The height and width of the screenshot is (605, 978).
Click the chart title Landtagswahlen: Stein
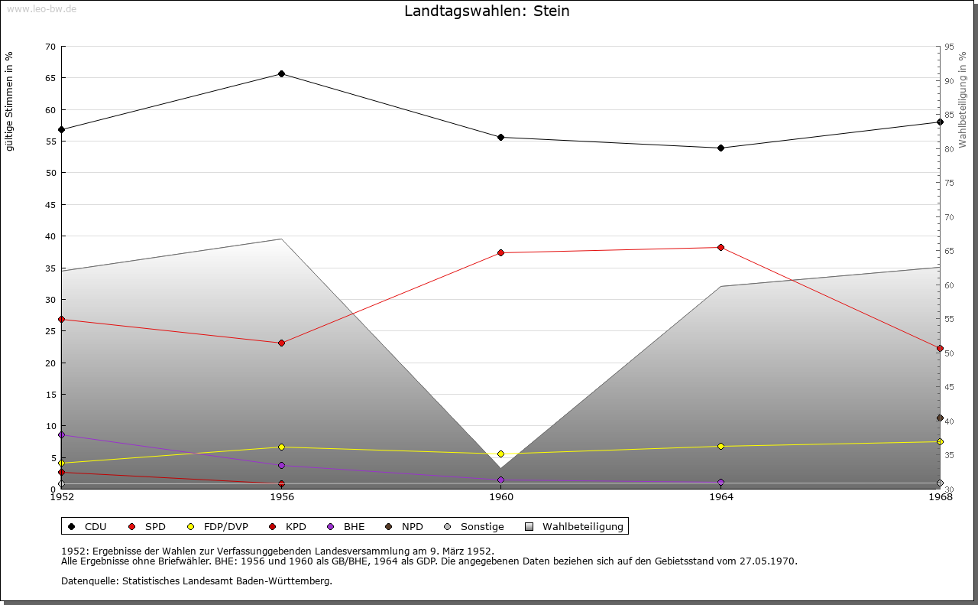coord(487,11)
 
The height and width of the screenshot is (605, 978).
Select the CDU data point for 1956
coord(281,74)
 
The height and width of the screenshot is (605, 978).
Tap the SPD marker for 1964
coord(721,247)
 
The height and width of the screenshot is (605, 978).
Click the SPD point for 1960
coord(500,252)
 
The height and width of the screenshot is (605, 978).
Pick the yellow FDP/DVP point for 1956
coord(281,447)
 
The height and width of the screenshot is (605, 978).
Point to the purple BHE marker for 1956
coord(281,465)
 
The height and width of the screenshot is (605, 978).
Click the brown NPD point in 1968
coord(940,418)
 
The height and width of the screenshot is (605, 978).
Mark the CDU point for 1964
coord(721,148)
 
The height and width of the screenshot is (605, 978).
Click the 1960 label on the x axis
coord(501,497)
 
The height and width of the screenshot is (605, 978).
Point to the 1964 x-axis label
coord(721,497)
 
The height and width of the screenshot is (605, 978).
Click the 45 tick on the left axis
coord(50,205)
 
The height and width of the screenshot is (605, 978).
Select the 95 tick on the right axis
coord(949,47)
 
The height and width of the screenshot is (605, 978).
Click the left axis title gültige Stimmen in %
coord(10,101)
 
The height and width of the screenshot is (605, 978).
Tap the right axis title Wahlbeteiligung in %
coord(963,100)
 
